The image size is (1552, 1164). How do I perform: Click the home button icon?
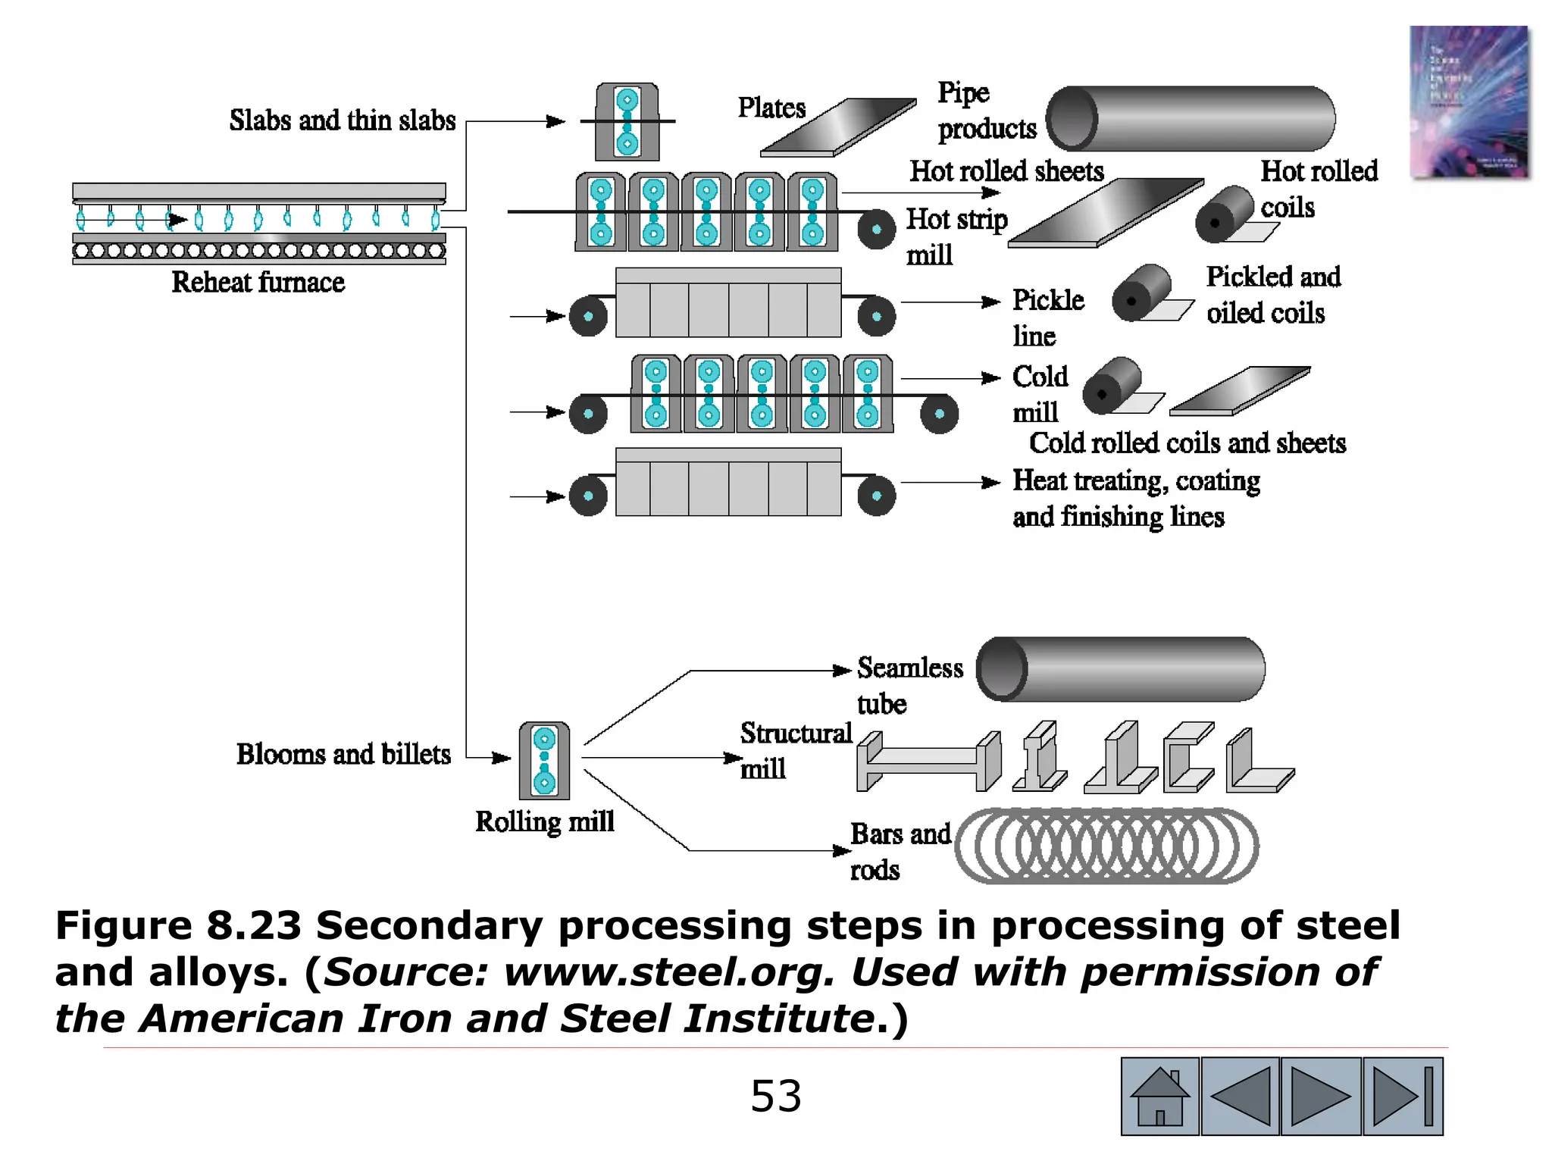[1159, 1096]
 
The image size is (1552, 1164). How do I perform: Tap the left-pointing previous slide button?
[1241, 1096]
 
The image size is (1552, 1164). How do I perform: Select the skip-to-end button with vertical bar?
[1403, 1096]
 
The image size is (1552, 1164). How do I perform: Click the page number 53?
[775, 1096]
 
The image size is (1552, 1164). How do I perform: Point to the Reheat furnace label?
[258, 282]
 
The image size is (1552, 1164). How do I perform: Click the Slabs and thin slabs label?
[343, 120]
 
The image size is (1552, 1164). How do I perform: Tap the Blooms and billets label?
[343, 754]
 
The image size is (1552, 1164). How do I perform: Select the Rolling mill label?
[544, 821]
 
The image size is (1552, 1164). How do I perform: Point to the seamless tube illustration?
[1120, 669]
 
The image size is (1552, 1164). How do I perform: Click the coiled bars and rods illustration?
[1106, 846]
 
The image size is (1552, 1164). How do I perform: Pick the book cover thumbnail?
[1469, 102]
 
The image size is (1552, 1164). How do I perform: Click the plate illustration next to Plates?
[837, 127]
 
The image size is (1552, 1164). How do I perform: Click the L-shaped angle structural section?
[1258, 762]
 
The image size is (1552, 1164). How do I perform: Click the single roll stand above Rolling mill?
[544, 760]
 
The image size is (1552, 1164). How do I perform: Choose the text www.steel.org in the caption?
[666, 972]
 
